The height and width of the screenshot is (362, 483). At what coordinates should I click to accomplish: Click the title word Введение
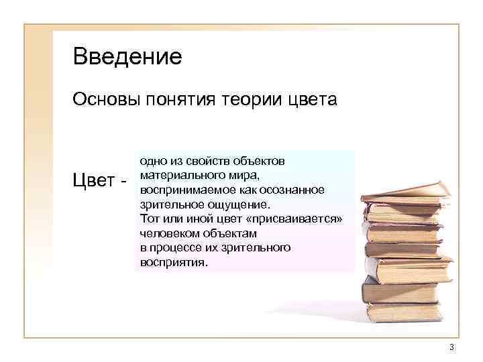[x=127, y=56]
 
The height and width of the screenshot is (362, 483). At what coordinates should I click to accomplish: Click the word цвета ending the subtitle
[x=312, y=101]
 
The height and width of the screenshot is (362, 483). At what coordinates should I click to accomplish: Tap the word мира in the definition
[x=242, y=176]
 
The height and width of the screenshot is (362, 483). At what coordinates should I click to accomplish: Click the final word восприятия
[x=173, y=262]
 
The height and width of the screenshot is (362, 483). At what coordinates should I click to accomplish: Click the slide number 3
[x=452, y=347]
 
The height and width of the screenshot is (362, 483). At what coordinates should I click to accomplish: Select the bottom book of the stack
[x=402, y=312]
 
